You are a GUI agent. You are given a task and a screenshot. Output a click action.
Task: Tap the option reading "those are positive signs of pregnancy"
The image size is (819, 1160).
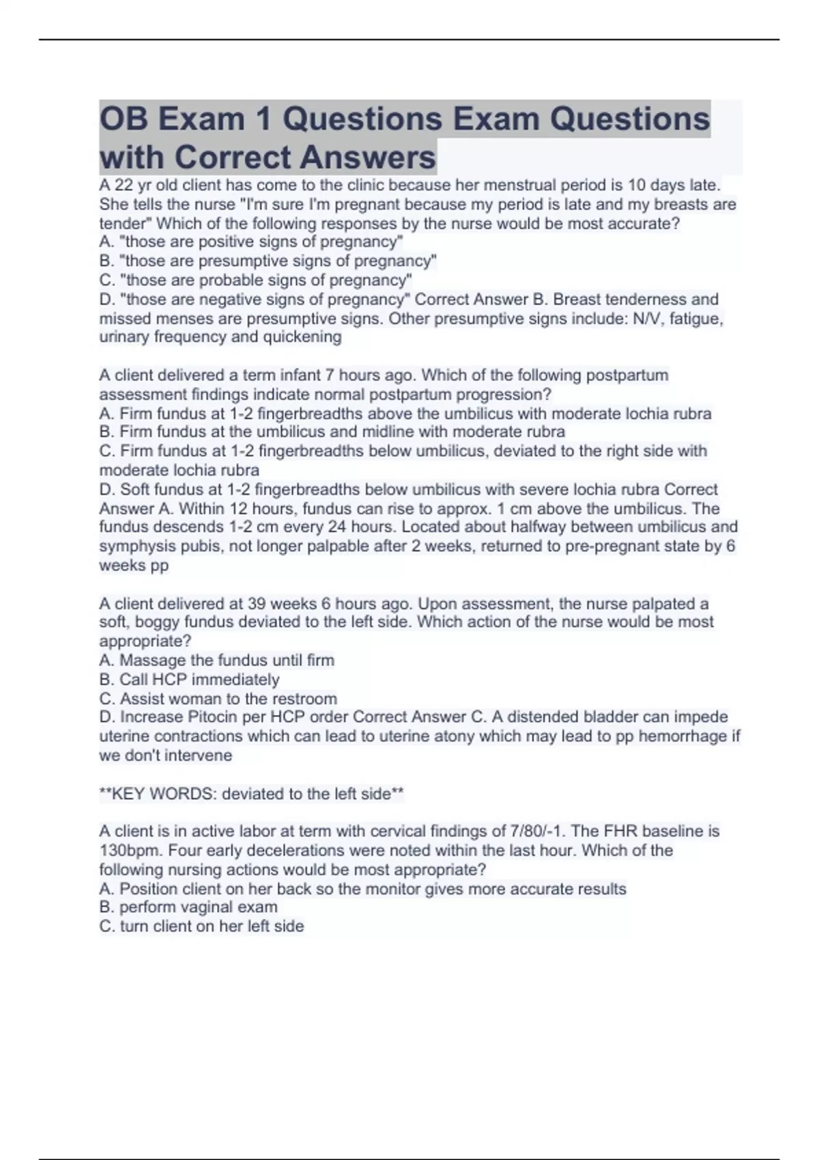(x=251, y=242)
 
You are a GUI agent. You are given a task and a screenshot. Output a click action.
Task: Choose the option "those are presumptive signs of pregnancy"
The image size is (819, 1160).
(x=268, y=261)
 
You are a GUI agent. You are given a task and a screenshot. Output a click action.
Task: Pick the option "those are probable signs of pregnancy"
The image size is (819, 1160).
(x=256, y=280)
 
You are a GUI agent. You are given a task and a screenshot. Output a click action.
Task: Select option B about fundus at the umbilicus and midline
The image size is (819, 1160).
(x=332, y=432)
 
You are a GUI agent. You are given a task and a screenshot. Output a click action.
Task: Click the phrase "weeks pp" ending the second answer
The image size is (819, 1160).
(x=134, y=566)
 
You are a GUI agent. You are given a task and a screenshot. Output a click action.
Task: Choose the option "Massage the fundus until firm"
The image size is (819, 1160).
(x=217, y=661)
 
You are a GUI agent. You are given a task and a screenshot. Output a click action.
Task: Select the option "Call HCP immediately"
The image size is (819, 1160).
(x=190, y=680)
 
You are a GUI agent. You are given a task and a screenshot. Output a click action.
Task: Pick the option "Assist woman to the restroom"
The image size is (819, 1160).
(x=218, y=699)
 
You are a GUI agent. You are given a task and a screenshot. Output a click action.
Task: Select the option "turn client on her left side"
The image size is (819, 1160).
(x=202, y=927)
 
